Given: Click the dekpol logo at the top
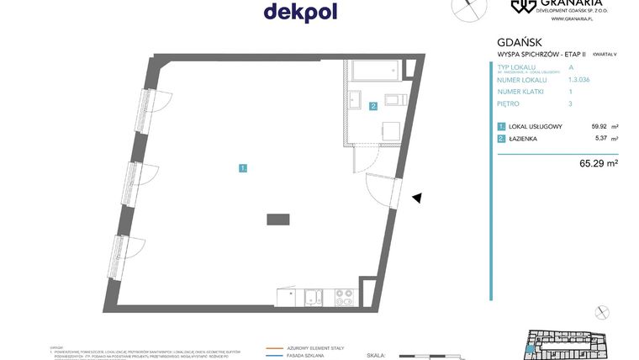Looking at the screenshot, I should point(300,11).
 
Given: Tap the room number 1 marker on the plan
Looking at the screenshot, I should point(242,168).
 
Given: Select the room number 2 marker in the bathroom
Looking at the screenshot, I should point(372,106).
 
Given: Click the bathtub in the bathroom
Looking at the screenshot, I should point(378,72).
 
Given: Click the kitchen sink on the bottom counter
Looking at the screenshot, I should point(313,296).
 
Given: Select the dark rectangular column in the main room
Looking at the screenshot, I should point(279,219).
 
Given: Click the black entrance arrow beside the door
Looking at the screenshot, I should point(416,198).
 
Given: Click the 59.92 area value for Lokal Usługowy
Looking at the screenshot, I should point(599,126).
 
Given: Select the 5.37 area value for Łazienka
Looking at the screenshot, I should point(600,139).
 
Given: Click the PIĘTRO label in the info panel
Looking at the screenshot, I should point(509,103).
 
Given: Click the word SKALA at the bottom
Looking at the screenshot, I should point(376,356).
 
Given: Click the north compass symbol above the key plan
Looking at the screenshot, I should point(601,313).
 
